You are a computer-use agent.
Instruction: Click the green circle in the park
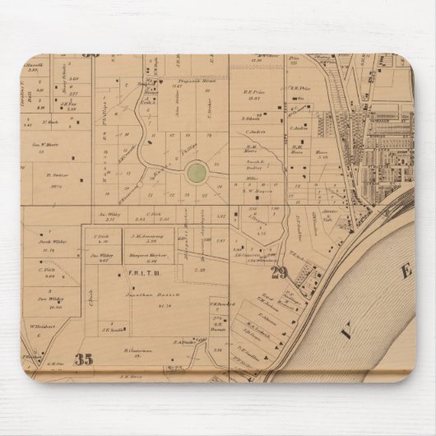pos(196,172)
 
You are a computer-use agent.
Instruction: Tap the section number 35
pos(82,359)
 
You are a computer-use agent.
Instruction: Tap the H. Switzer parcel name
pos(56,175)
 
